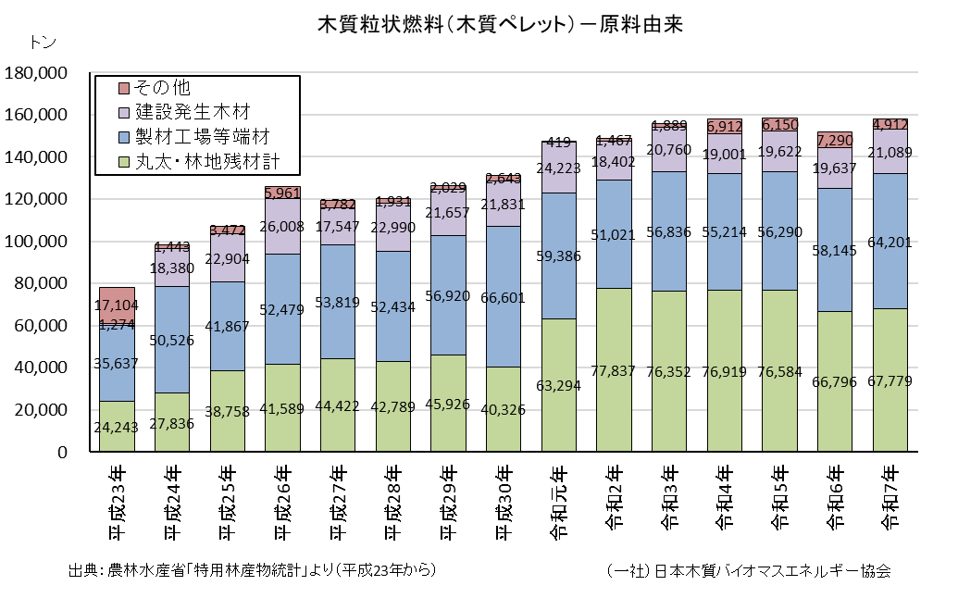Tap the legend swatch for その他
tap(124, 89)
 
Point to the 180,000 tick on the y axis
tap(35, 73)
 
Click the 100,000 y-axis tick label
tap(35, 242)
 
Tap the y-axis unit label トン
tap(43, 43)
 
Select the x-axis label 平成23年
tap(118, 502)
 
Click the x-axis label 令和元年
tap(559, 502)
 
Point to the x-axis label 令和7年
tap(890, 497)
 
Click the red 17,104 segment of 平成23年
tap(117, 306)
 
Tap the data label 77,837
tap(613, 371)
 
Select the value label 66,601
tap(503, 297)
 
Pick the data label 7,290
tap(835, 141)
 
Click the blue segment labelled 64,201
tap(890, 242)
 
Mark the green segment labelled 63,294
tap(558, 385)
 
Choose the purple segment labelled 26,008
tap(282, 227)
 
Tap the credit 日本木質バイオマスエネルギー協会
tap(773, 571)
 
